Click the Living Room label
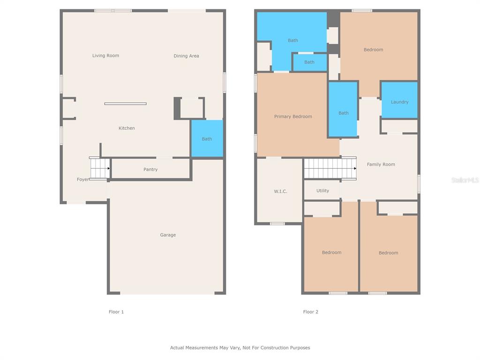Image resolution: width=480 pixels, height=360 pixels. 105,55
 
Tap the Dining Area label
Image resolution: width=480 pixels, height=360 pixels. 186,56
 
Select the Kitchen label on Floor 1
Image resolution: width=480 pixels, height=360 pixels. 127,128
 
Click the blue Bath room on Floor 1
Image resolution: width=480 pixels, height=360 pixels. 207,138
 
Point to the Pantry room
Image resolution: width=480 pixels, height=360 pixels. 150,169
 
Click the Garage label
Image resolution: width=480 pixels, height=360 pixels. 168,235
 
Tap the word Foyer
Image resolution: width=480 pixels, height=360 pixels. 82,180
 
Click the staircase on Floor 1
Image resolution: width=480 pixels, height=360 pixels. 100,168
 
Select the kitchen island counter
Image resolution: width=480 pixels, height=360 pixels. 126,104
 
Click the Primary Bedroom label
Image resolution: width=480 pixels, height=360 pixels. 293,116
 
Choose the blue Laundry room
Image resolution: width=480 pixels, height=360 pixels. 399,100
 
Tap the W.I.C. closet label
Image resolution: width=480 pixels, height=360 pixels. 280,191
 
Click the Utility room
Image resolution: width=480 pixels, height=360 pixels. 322,190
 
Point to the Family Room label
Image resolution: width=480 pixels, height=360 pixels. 381,165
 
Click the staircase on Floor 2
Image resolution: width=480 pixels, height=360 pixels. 330,168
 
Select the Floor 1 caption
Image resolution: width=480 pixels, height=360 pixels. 116,312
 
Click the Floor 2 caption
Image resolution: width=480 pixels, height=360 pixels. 310,312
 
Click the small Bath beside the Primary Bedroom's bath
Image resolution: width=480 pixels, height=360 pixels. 309,62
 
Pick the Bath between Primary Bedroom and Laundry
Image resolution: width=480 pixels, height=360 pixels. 343,109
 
